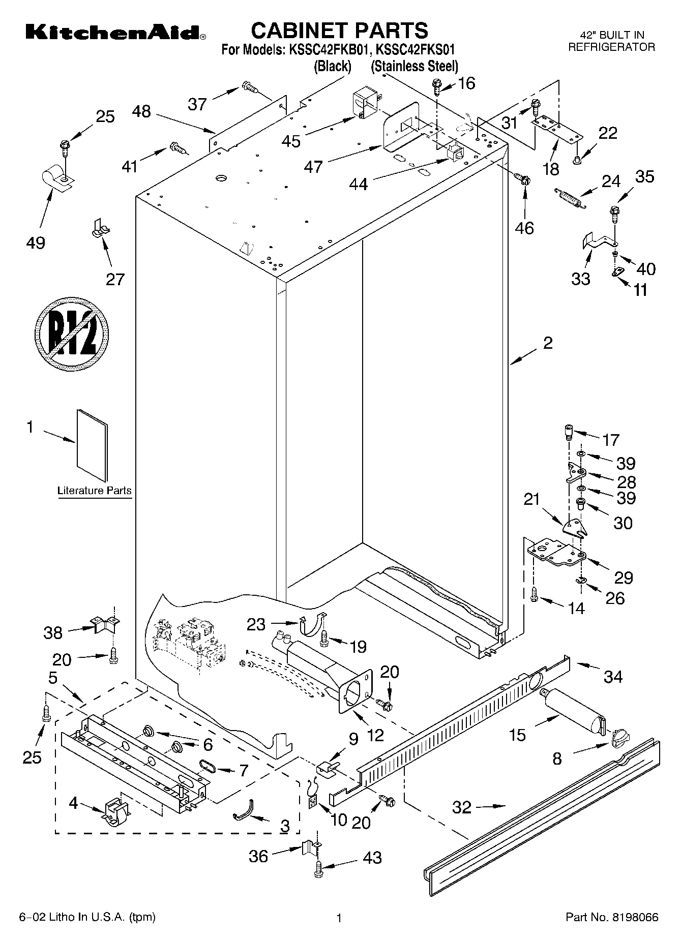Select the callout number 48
point(141,111)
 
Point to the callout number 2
point(547,343)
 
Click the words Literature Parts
point(95,491)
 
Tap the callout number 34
point(613,676)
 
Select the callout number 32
point(462,807)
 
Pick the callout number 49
point(35,242)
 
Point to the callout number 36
point(258,857)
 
